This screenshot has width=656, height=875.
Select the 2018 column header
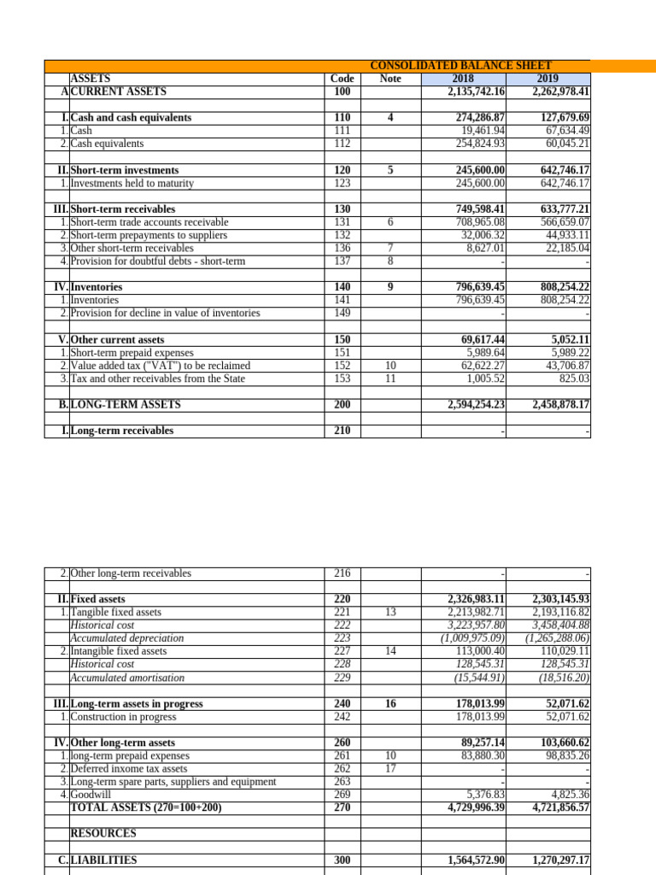461,79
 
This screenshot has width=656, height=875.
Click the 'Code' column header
342,79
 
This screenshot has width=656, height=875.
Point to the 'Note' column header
389,79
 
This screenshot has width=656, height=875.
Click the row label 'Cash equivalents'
107,144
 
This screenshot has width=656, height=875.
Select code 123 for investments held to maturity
342,184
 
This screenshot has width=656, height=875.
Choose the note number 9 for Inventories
389,288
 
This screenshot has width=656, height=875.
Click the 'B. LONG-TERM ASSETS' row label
126,405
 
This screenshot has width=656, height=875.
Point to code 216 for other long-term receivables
342,573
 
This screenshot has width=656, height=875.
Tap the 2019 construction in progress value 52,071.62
563,717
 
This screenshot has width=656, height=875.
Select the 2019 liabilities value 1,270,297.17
560,860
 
